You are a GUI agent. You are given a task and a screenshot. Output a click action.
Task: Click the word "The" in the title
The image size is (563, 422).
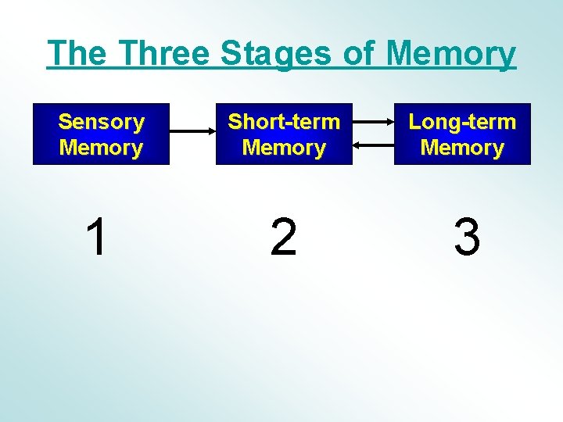[x=77, y=53]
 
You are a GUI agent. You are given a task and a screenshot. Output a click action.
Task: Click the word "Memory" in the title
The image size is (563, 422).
[x=451, y=54]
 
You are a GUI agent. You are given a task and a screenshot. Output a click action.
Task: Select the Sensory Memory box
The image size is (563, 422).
[x=101, y=134]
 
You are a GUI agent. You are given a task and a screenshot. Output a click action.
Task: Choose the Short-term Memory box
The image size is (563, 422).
[x=284, y=134]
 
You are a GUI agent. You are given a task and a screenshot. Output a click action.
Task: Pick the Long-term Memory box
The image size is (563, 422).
[x=462, y=134]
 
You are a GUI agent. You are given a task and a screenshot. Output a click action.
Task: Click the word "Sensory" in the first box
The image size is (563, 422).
[x=101, y=122]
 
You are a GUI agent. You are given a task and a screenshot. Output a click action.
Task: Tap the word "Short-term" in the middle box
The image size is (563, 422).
[x=284, y=122]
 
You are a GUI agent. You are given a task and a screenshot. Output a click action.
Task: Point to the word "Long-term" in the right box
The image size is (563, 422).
[x=462, y=122]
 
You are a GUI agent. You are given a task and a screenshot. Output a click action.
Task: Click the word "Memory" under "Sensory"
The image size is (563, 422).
[x=101, y=148]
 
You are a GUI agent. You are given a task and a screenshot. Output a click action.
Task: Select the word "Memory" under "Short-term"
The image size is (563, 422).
[x=284, y=148]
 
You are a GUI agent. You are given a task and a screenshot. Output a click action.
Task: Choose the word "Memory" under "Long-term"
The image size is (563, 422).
[x=462, y=148]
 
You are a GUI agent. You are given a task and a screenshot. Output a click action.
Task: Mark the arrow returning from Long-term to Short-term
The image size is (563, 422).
[x=373, y=145]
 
